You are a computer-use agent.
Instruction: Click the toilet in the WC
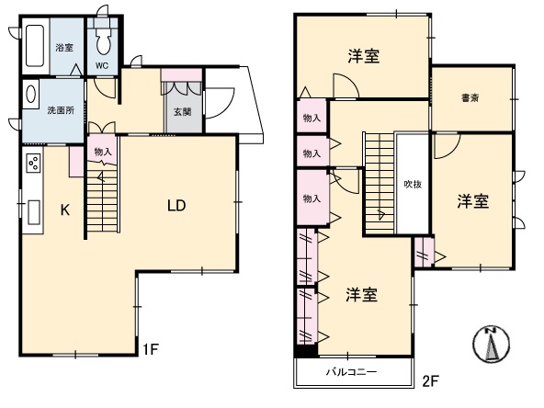pyautogui.click(x=103, y=40)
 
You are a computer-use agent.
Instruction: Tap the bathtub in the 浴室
pyautogui.click(x=35, y=45)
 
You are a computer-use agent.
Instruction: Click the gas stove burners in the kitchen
pyautogui.click(x=34, y=163)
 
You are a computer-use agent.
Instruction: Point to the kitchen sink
pyautogui.click(x=34, y=212)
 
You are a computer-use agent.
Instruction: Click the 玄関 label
pyautogui.click(x=183, y=112)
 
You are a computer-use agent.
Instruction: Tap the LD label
pyautogui.click(x=176, y=206)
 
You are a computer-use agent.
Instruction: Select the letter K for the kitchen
pyautogui.click(x=65, y=210)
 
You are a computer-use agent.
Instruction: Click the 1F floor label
pyautogui.click(x=151, y=349)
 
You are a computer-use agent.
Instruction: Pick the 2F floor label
pyautogui.click(x=431, y=381)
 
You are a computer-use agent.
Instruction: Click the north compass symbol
pyautogui.click(x=492, y=345)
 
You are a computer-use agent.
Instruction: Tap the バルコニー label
pyautogui.click(x=351, y=372)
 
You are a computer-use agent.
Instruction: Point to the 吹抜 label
pyautogui.click(x=413, y=184)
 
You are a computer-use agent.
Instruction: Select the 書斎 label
pyautogui.click(x=470, y=98)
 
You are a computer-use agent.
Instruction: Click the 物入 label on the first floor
pyautogui.click(x=103, y=152)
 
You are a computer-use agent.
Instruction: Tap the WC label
pyautogui.click(x=102, y=66)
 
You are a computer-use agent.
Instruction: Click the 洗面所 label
pyautogui.click(x=61, y=110)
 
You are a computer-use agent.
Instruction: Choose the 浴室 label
pyautogui.click(x=64, y=48)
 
